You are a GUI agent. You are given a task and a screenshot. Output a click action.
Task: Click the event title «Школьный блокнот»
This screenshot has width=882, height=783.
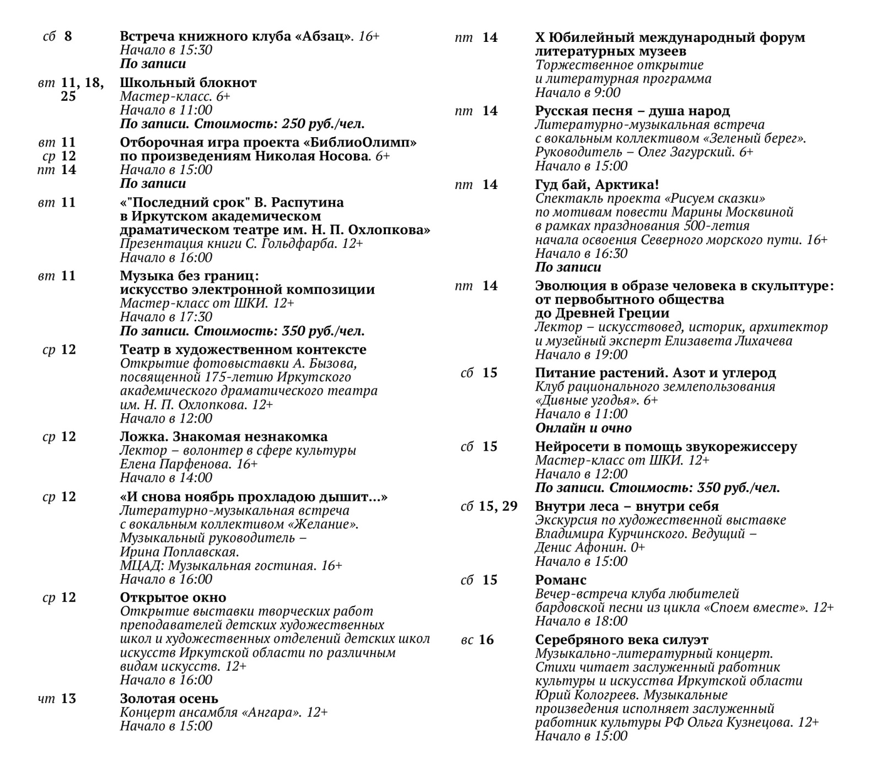tap(188, 83)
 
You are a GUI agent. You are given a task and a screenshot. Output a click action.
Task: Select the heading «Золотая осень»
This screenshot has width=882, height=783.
tap(169, 699)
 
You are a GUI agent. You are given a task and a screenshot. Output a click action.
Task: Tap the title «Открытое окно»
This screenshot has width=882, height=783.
tap(173, 597)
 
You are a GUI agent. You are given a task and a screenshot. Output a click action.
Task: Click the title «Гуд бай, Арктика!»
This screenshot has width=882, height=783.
tap(597, 184)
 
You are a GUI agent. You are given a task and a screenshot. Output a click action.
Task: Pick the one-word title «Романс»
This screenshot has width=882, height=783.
tap(561, 580)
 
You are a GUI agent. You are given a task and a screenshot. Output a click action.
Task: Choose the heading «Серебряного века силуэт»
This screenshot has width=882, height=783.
tap(621, 640)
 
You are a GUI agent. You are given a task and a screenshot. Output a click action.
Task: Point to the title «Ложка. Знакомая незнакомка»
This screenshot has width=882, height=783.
tap(223, 436)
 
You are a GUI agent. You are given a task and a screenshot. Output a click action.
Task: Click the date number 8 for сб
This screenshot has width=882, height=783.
tap(68, 36)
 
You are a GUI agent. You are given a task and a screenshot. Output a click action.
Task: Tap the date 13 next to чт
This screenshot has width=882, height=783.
tap(68, 699)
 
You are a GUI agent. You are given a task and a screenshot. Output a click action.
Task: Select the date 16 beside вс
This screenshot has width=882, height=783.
tap(486, 640)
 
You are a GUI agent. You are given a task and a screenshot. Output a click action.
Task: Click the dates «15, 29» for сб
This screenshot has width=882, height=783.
tap(498, 506)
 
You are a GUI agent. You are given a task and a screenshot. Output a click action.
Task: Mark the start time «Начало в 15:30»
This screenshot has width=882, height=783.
tap(166, 50)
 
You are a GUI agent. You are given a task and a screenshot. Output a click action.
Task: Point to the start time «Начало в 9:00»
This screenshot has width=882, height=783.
tap(578, 92)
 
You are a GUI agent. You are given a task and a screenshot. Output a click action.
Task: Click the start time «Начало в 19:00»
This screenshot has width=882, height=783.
tap(581, 354)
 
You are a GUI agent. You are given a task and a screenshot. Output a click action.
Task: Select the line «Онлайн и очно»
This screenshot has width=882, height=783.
tap(583, 428)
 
